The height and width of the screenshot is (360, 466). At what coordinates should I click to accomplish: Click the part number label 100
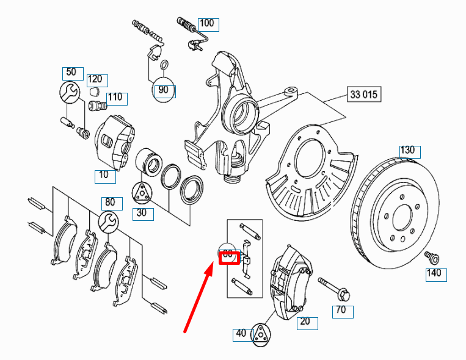(x=208, y=24)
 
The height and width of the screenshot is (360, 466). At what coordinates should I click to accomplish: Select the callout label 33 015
(x=364, y=95)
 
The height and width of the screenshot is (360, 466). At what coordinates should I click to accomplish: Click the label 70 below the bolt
(x=343, y=312)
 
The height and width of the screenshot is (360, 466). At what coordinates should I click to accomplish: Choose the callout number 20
(x=306, y=322)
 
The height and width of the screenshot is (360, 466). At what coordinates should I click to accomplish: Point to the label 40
(x=242, y=334)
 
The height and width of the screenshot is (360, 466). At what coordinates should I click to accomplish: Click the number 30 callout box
(x=142, y=213)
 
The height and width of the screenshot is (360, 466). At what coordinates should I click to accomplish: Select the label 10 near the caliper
(x=104, y=176)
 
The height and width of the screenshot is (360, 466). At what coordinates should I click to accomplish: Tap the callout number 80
(x=110, y=203)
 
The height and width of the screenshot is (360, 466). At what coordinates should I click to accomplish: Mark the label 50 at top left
(x=71, y=72)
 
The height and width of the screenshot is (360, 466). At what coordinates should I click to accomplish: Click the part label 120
(x=95, y=79)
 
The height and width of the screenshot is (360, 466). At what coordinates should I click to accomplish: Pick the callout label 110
(x=115, y=98)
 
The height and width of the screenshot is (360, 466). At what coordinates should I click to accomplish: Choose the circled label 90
(x=163, y=90)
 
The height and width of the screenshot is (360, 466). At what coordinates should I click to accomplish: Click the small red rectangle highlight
(x=228, y=255)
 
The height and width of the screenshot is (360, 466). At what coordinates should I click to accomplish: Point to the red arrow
(x=198, y=299)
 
